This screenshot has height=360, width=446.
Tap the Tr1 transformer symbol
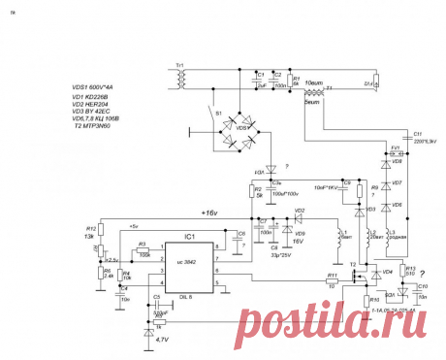click(x=181, y=77)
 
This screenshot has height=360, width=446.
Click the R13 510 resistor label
click(x=410, y=271)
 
